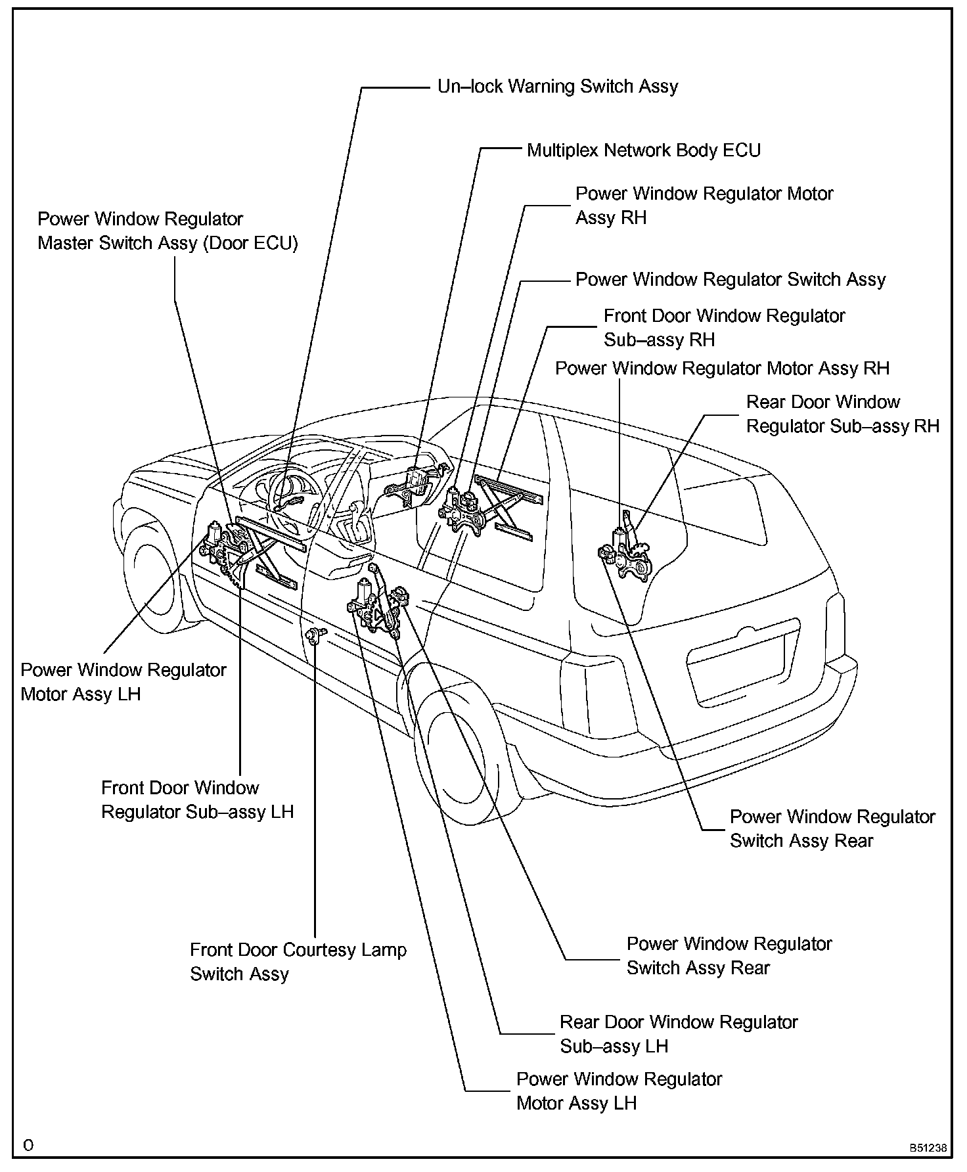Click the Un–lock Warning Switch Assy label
point(558,87)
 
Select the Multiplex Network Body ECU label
point(644,150)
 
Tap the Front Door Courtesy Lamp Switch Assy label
point(298,961)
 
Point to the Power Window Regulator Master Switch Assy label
point(168,231)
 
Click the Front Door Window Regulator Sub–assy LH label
point(197,800)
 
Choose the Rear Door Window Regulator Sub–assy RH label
point(842,414)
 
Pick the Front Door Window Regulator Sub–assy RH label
point(724,327)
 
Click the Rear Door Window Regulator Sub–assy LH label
point(678,1033)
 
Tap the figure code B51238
point(928,1148)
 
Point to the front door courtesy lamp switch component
point(316,635)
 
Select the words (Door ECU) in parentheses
point(250,244)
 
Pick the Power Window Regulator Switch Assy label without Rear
point(730,280)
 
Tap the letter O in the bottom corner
point(28,1146)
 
